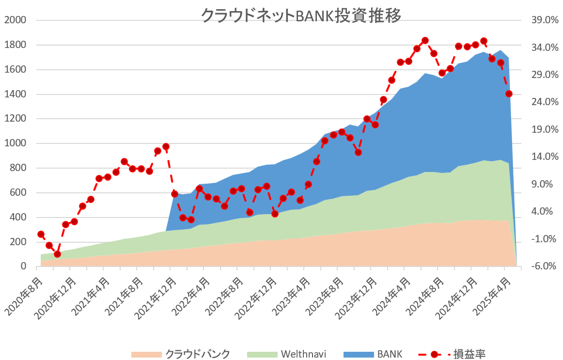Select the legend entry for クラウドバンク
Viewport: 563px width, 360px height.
(x=180, y=354)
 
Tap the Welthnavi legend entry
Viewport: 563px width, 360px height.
(x=286, y=354)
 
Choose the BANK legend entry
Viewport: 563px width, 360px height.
(x=373, y=354)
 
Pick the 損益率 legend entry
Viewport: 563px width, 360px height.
(x=452, y=354)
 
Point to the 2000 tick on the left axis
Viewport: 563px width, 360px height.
(x=16, y=20)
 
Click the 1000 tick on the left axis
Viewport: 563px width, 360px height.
(x=16, y=143)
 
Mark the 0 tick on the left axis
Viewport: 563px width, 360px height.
(x=24, y=266)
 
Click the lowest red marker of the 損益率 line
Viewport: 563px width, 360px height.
(x=58, y=254)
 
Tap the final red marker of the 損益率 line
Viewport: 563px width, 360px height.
(x=509, y=94)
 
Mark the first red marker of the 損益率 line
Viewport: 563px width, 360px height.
(x=41, y=235)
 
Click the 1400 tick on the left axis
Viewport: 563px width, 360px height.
(x=16, y=94)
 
